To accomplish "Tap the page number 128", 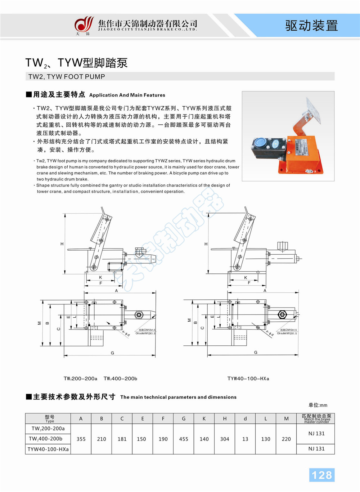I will (321, 475).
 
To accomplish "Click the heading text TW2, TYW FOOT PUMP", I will (67, 76).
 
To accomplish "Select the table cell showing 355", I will (81, 439).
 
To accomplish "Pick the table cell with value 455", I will (184, 439).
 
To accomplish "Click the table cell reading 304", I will (225, 439).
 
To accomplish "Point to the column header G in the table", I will (184, 419).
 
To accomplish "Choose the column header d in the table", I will (245, 419).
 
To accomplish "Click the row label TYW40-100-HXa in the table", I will (48, 449).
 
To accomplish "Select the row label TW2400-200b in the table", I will (45, 439).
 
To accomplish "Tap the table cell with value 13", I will (245, 439).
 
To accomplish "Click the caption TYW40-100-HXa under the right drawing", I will (248, 379).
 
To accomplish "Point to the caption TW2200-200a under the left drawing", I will (80, 379).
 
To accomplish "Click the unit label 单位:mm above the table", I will (318, 405).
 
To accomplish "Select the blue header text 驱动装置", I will (311, 26).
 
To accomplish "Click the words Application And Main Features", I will (127, 95).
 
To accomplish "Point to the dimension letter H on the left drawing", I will (62, 244).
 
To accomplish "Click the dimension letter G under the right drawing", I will (256, 352).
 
